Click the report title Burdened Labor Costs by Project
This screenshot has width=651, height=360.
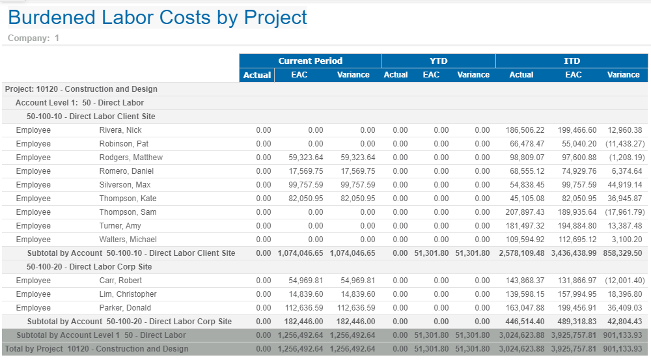[x=157, y=18]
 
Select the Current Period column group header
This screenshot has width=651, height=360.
[x=310, y=61]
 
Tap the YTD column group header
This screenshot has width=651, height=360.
[x=438, y=61]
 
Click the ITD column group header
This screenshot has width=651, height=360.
[x=572, y=61]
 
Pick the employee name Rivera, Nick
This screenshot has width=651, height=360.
[x=120, y=130]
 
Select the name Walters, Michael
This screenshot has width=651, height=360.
[x=128, y=240]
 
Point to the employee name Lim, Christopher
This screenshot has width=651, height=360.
[x=128, y=294]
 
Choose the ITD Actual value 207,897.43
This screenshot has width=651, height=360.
[x=525, y=212]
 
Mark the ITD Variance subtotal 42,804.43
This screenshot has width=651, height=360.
[x=623, y=322]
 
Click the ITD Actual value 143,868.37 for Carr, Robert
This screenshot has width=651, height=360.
[x=525, y=281]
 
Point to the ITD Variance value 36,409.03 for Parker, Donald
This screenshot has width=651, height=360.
[x=623, y=308]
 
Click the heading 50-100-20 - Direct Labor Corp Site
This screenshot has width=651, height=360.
[x=89, y=267]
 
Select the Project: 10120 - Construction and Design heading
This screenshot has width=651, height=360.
[x=81, y=89]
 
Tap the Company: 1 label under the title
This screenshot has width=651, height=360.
[x=33, y=38]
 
